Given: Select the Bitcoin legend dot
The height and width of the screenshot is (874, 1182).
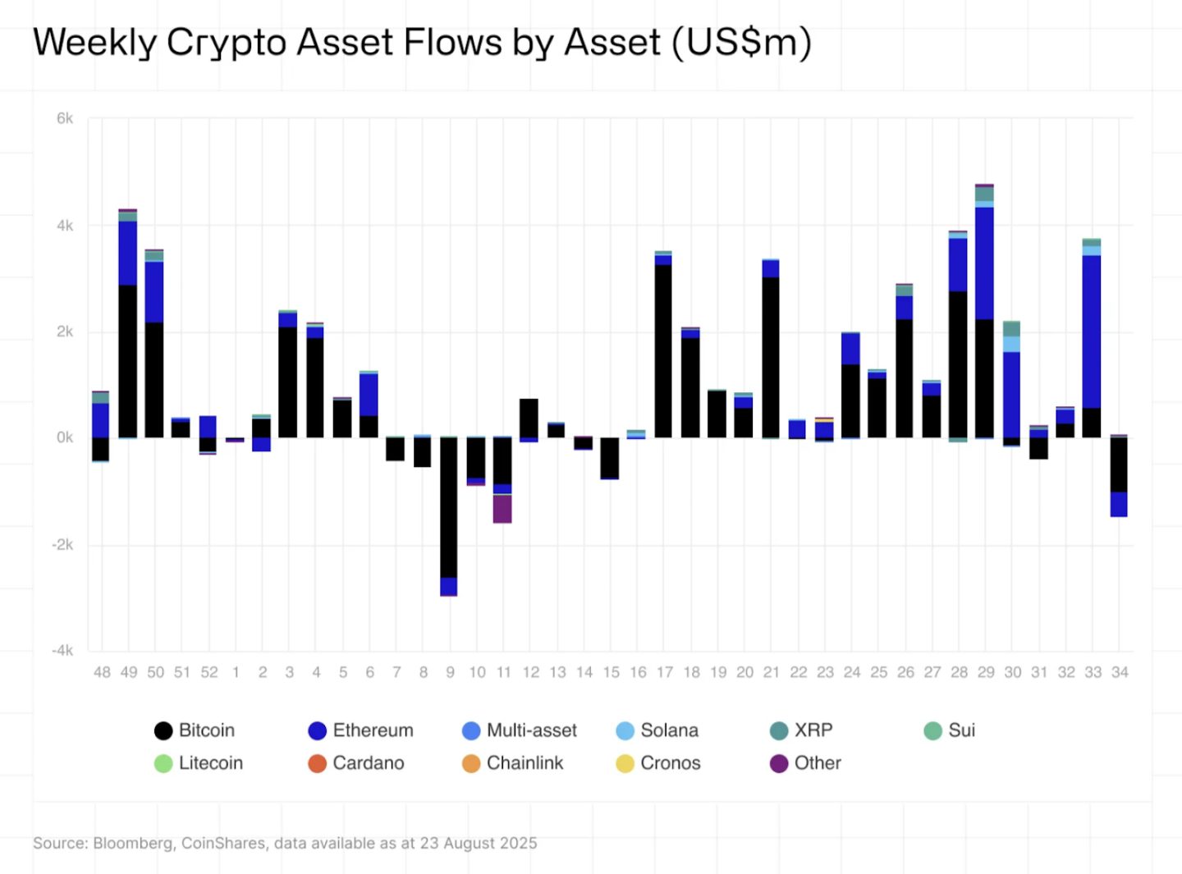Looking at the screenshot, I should point(163,730).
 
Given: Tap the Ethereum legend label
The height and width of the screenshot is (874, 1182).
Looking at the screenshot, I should point(373,730).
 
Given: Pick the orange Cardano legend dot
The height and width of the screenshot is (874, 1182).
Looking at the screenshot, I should point(317,763).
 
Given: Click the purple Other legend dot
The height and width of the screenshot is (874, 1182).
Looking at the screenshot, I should point(779,763).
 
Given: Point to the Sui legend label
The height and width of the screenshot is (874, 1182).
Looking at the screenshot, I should point(961,730).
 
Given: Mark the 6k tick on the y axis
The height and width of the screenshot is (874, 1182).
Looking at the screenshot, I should point(65,119).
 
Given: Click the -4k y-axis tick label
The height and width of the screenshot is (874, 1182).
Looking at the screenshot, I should point(62,651).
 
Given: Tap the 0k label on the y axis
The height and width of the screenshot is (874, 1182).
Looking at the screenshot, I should point(65,438).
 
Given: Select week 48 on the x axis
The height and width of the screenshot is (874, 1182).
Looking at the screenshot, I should point(102,672).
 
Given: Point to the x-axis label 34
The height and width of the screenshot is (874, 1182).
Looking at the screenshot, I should point(1120,672).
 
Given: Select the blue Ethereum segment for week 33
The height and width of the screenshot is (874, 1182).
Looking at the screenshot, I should point(1092,332).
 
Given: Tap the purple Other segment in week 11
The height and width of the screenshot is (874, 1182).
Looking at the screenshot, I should point(502,509).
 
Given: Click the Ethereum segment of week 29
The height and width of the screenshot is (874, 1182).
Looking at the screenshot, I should point(984,263).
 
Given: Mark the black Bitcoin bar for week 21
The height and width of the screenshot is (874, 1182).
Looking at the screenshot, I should point(771,357).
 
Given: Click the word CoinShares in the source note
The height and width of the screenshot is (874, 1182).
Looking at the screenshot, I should point(223,844).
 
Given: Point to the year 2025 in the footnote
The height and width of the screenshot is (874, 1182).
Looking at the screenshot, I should point(520,844).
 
